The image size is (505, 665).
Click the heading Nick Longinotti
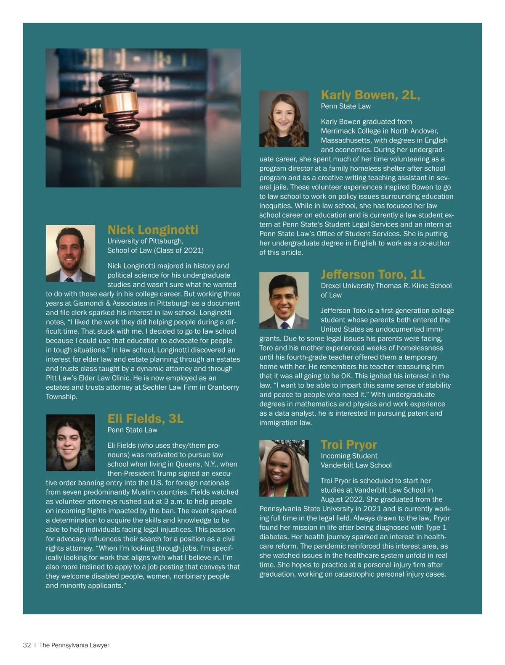(152, 230)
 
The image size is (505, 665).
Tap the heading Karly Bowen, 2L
(370, 95)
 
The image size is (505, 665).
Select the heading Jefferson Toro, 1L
(372, 274)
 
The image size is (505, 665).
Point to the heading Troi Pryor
(348, 445)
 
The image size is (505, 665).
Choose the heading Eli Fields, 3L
(145, 419)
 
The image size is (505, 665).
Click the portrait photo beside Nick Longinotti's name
(70, 253)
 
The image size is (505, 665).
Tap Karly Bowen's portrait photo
(284, 119)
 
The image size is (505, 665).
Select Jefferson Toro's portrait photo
(284, 300)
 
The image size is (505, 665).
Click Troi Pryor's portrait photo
(284, 468)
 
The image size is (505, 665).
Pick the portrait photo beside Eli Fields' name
(70, 443)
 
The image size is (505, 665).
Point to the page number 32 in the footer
(27, 645)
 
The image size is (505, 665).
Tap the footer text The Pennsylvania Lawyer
(74, 645)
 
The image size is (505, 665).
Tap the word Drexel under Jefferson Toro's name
(332, 286)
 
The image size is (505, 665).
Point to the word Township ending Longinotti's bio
(61, 397)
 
